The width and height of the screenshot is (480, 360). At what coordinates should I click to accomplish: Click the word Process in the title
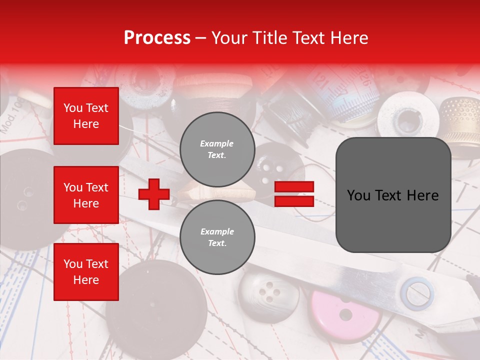[x=157, y=38]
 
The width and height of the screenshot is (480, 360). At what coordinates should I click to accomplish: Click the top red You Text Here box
[x=86, y=116]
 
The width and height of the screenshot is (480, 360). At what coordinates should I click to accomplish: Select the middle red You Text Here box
[x=86, y=195]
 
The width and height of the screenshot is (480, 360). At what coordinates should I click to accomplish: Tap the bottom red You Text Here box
[x=86, y=272]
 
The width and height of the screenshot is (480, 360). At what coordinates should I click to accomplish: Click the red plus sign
[x=153, y=194]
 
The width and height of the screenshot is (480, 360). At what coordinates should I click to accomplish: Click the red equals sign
[x=294, y=194]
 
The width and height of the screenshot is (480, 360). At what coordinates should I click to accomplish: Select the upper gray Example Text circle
[x=217, y=149]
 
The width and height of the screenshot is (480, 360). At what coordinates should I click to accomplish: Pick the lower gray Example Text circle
[x=217, y=237]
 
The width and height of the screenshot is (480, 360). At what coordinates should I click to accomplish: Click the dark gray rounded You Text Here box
[x=393, y=195]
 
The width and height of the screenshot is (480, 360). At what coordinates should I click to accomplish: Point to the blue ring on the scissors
[x=419, y=293]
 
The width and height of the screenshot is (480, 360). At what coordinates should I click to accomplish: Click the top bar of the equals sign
[x=294, y=187]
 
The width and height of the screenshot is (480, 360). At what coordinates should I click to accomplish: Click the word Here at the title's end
[x=348, y=38]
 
